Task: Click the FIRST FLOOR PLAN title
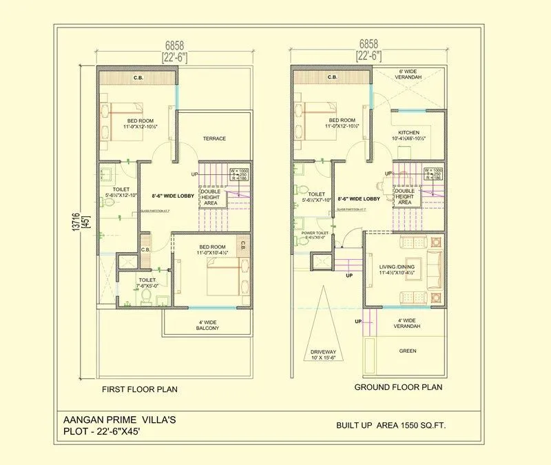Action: [x=140, y=389]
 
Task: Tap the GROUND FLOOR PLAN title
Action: [x=398, y=387]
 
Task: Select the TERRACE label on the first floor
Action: [x=214, y=138]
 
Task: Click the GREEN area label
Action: [x=408, y=350]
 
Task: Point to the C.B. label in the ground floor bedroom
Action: [x=332, y=78]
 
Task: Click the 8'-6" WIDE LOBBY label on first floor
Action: [x=173, y=196]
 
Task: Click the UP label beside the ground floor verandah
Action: [x=358, y=322]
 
